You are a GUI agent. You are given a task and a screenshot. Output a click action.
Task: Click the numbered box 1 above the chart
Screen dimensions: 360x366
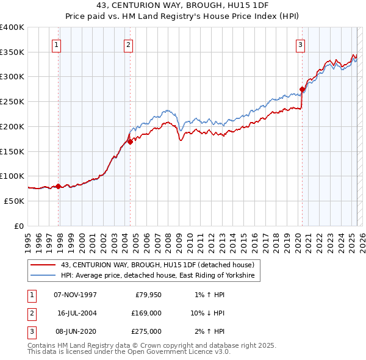(56, 44)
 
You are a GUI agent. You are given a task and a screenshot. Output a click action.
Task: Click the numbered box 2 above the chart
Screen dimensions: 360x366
(129, 44)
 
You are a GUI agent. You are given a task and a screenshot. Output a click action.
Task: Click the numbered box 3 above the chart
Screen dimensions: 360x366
(301, 44)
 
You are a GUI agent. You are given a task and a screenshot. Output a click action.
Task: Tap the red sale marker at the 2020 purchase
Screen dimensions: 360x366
(302, 89)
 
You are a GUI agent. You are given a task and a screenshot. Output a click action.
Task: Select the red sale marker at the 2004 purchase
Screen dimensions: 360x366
(130, 142)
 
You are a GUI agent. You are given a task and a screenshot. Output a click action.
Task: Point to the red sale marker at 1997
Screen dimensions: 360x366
(59, 186)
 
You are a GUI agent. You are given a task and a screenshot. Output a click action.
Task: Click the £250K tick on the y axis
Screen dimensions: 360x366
(12, 101)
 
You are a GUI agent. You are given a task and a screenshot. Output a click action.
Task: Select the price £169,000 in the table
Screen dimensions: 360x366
(146, 313)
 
